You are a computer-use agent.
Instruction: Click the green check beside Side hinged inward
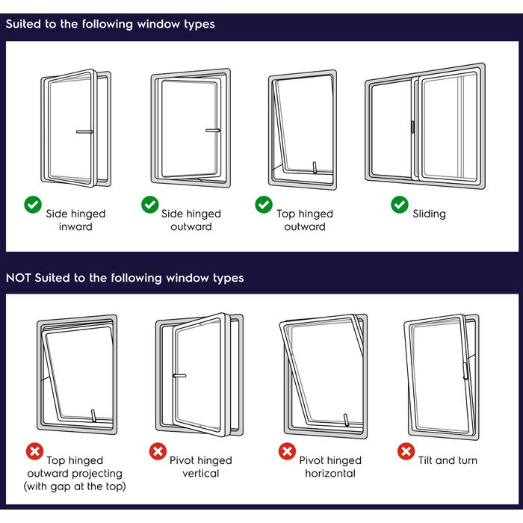point(33,205)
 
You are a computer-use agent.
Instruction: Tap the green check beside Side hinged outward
point(150,205)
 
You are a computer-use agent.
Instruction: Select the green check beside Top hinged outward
point(264,205)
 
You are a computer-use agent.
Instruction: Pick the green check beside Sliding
point(400,205)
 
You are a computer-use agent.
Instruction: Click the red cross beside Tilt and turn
point(406,451)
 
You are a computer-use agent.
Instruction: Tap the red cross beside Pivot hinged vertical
point(158,451)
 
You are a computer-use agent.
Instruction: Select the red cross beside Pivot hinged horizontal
point(287,451)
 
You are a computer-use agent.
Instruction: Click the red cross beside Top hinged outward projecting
point(34,451)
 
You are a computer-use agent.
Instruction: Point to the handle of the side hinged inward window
point(84,132)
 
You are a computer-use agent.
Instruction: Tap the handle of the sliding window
point(412,128)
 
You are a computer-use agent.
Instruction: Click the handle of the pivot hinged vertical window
point(179,375)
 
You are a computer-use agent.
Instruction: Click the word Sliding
point(429,214)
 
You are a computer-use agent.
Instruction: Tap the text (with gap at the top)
point(75,487)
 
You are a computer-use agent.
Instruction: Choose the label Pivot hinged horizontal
point(330,467)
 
